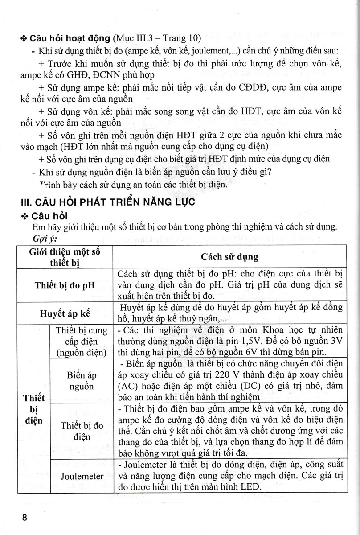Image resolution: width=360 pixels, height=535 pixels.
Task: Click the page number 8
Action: pos(25,518)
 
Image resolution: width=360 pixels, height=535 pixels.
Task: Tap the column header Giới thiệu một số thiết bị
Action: pos(65,257)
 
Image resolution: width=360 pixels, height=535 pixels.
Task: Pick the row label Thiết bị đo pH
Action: pos(65,285)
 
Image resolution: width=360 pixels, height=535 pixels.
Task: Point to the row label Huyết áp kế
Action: pos(65,313)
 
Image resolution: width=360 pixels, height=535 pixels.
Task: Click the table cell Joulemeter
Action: pos(82,476)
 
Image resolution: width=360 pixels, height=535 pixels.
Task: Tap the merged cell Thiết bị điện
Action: pos(33,409)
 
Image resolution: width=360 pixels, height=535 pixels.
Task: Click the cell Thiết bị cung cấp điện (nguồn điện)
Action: pos(82,342)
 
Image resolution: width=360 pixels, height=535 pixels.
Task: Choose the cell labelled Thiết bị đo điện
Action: pos(82,431)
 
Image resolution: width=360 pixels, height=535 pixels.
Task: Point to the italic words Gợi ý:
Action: pos(43,238)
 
